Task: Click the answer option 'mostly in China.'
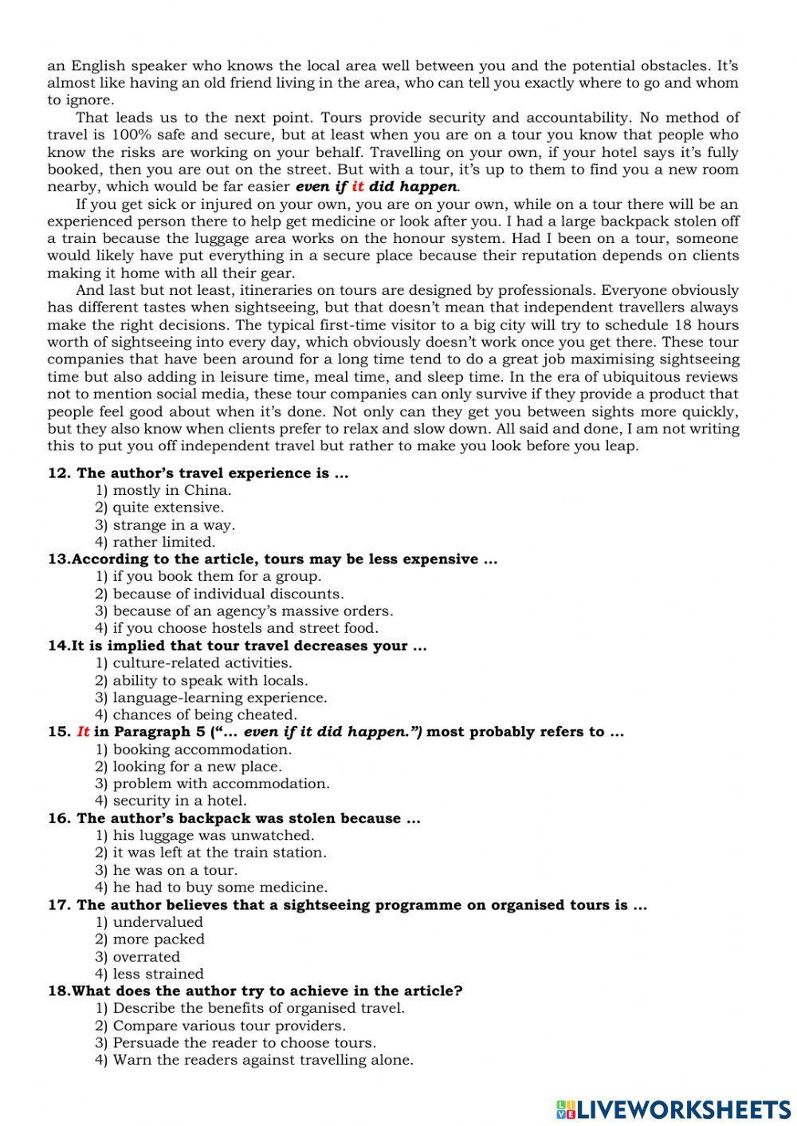pos(171,490)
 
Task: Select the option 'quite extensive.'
pos(168,508)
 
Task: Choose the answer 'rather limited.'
pos(163,542)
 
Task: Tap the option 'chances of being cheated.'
pos(205,715)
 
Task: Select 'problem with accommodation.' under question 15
pos(221,783)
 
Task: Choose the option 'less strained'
pos(158,974)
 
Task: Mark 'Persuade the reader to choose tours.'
pos(244,1042)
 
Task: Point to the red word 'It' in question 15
pos(83,732)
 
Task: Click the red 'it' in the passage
pos(358,187)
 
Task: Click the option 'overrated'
pos(146,956)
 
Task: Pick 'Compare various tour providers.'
pos(229,1026)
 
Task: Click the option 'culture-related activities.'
pos(202,663)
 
